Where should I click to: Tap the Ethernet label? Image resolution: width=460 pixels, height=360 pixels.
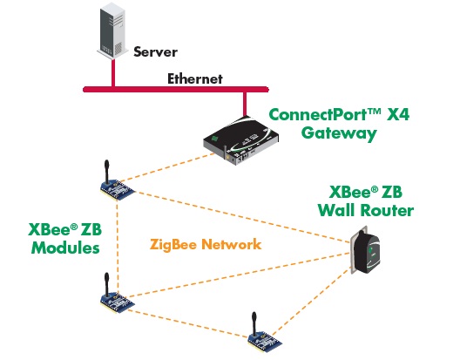[195, 78]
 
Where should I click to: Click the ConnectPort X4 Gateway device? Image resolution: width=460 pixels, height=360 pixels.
[242, 142]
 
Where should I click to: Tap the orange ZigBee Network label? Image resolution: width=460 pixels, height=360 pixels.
[206, 245]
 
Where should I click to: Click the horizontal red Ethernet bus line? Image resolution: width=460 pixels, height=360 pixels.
[174, 88]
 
